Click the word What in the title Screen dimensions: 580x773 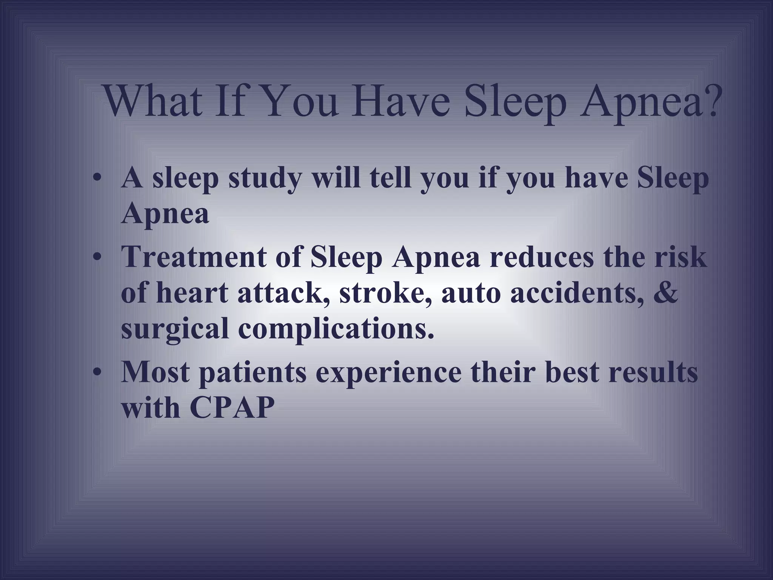coord(153,101)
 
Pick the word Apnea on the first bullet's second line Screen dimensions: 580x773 coord(165,214)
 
